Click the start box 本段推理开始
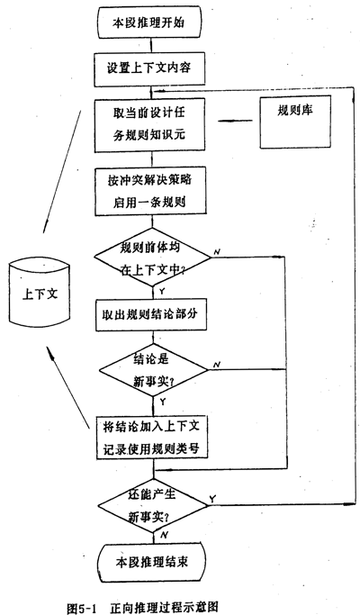(x=151, y=23)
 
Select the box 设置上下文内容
(x=149, y=69)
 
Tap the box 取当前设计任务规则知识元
(x=149, y=125)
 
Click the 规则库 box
(x=295, y=122)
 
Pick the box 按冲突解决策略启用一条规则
(x=149, y=192)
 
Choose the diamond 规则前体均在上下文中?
(x=152, y=258)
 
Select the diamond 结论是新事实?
(x=153, y=369)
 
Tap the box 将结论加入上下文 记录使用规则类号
(x=152, y=438)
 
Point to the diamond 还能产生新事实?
(x=152, y=505)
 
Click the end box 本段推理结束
(x=151, y=562)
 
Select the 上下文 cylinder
(x=40, y=294)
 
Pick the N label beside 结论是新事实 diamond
(x=217, y=365)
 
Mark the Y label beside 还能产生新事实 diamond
(x=212, y=499)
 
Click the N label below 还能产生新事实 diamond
(x=165, y=535)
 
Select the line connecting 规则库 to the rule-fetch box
(x=235, y=121)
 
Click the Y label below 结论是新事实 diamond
(x=163, y=402)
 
